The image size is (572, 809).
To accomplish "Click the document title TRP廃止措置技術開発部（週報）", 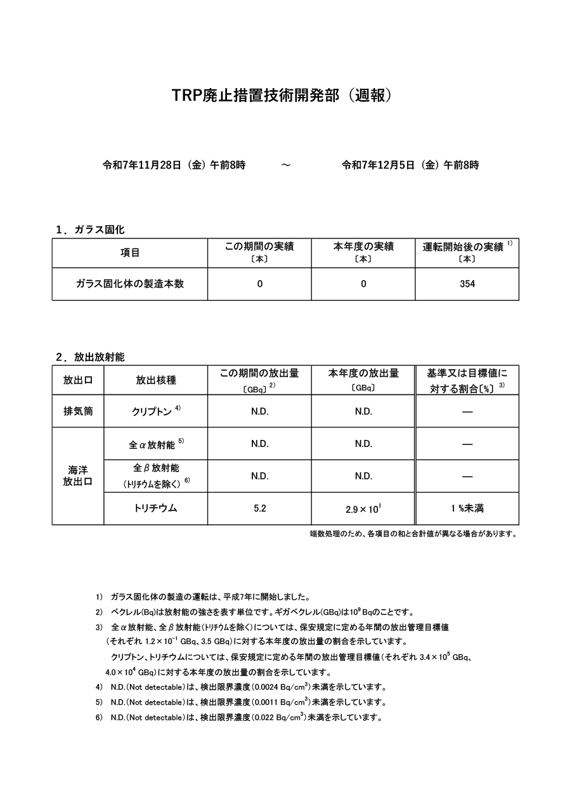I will (285, 95).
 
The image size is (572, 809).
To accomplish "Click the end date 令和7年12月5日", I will (378, 165).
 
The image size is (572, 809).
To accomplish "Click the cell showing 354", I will (467, 284).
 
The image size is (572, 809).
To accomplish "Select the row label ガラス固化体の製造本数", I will (130, 284).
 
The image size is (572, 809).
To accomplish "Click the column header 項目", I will (130, 252).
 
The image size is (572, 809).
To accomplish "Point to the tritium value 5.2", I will (259, 508).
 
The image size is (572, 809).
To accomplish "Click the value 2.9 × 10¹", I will (363, 508).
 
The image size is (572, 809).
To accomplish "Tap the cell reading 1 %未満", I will (467, 508).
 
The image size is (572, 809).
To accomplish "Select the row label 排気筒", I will (78, 411).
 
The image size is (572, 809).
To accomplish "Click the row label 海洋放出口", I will (78, 476).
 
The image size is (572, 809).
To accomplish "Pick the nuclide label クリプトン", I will (152, 411).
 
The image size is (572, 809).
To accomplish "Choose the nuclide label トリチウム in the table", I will (155, 508).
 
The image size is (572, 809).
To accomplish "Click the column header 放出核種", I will (155, 380).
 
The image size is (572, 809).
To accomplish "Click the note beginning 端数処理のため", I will (413, 534).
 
